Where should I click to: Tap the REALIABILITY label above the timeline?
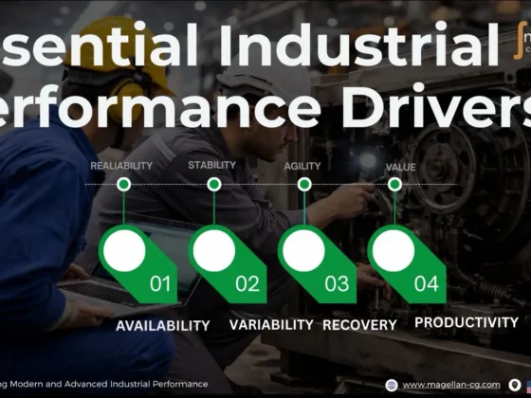121,166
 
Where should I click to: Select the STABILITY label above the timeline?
211,166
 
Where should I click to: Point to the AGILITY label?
302,167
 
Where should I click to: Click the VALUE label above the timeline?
400,168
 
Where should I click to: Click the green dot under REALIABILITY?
123,184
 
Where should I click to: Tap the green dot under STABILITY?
214,184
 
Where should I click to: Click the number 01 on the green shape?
160,282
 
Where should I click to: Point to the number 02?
247,282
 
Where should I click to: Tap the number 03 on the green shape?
337,282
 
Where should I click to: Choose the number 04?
427,282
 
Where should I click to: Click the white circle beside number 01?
124,251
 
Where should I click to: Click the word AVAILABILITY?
162,325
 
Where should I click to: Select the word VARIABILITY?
271,324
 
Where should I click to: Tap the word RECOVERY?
359,325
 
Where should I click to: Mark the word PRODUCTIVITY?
467,323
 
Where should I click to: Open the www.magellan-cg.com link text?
450,384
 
